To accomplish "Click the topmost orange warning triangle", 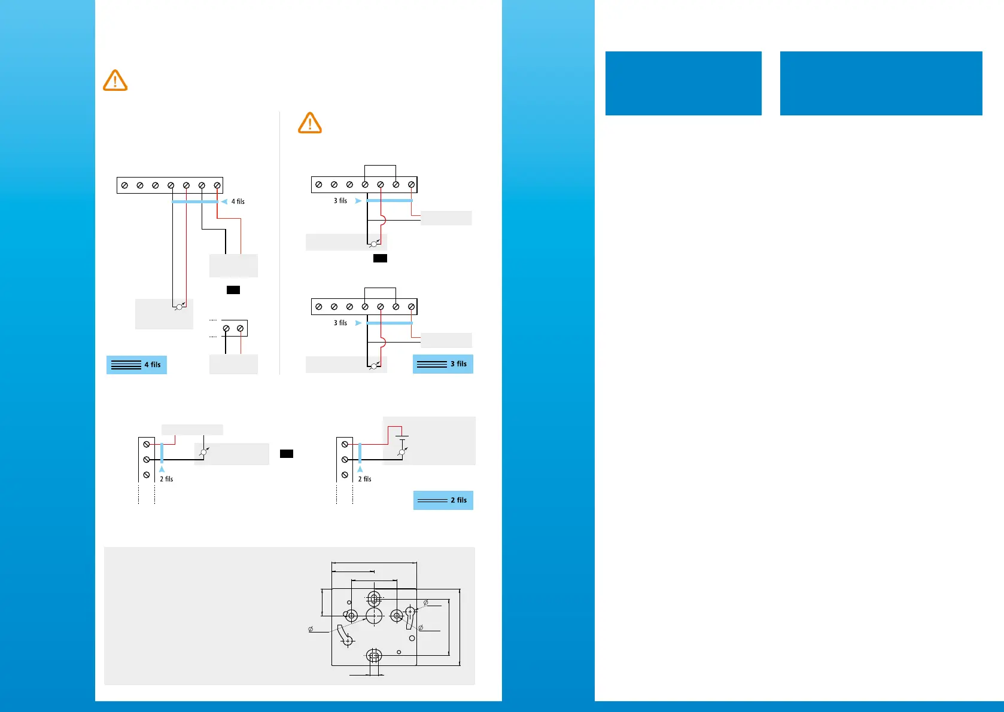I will coord(115,80).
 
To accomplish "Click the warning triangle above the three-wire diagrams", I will coord(310,123).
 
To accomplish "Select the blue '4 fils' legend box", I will coord(136,365).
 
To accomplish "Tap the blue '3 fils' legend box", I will coord(443,364).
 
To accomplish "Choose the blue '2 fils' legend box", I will coord(443,500).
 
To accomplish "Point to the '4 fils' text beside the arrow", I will coord(238,201).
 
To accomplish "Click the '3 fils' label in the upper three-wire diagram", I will coord(340,201).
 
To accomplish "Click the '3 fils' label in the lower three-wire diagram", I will coord(340,323).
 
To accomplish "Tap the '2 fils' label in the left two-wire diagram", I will coord(166,479).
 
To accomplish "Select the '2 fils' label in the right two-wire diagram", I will coord(364,479).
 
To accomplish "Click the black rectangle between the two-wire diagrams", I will coord(287,454).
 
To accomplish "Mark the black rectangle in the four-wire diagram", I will coord(233,290).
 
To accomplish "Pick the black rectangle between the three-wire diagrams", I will coord(380,258).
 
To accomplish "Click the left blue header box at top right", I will coord(683,83).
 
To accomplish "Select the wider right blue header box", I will coord(881,83).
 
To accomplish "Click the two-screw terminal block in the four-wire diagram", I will coord(233,328).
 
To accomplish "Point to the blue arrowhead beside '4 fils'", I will coord(224,201).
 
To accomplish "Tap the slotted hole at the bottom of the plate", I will coord(375,656).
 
